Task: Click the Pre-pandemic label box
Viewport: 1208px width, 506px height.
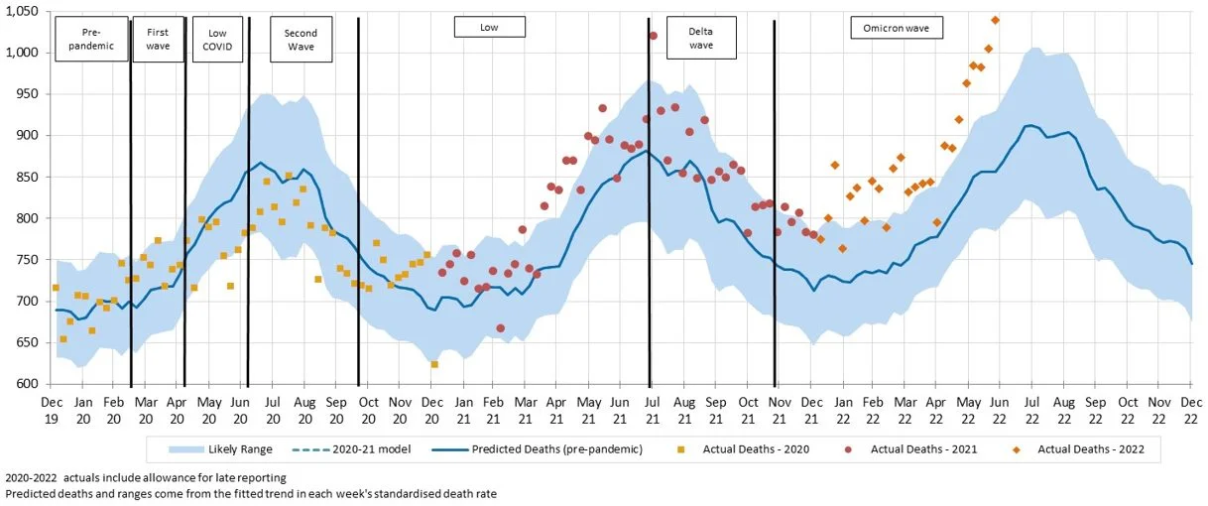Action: coord(91,39)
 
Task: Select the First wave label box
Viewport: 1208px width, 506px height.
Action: coord(158,39)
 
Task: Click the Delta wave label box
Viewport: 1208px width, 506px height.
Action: coord(701,38)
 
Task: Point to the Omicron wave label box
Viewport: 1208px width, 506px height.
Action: coord(897,28)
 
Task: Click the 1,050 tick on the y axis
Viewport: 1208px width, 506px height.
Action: coord(21,11)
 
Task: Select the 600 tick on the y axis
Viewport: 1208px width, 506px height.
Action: coord(27,384)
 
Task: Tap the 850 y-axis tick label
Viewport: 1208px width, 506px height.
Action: coord(27,177)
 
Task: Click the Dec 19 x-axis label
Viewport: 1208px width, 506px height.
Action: coord(53,410)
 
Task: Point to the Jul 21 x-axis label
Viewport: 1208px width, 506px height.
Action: coord(653,410)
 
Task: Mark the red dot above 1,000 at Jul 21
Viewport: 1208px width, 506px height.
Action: coord(653,36)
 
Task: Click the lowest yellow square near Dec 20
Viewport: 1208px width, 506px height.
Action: coord(434,364)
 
